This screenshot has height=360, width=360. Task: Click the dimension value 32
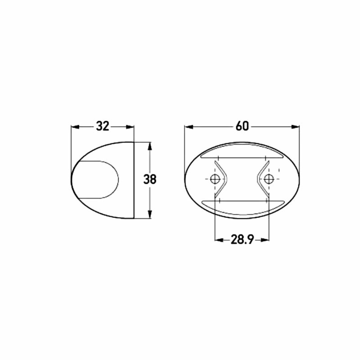pyautogui.click(x=102, y=126)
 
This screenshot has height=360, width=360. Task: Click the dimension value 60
pyautogui.click(x=242, y=126)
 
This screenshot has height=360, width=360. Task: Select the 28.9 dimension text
pyautogui.click(x=242, y=240)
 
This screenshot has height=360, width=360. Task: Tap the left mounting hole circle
pyautogui.click(x=215, y=179)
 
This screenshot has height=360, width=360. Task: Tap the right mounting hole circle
pyautogui.click(x=269, y=179)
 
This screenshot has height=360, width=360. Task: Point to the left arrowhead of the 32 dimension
pyautogui.click(x=75, y=127)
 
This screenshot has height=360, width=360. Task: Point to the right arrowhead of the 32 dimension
pyautogui.click(x=130, y=127)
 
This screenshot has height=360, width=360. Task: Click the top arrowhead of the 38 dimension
pyautogui.click(x=150, y=146)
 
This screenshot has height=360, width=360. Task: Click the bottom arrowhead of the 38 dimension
pyautogui.click(x=150, y=214)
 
